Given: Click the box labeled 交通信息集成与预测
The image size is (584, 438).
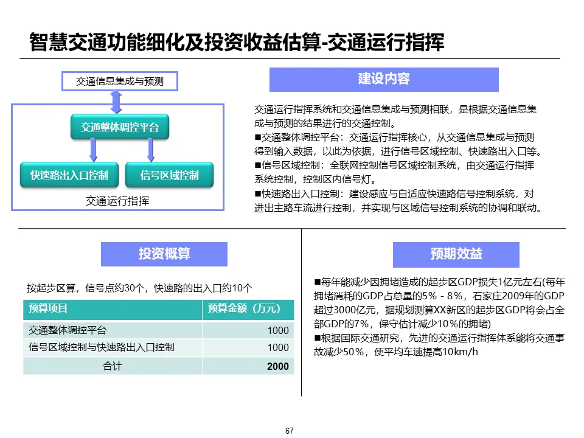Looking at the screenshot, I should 120,80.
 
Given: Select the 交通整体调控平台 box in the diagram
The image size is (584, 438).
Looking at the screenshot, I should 120,127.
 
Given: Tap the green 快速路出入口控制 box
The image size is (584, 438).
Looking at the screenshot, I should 69,175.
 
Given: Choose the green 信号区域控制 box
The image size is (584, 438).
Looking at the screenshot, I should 169,175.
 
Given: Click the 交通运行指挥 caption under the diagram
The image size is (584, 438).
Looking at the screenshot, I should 117,201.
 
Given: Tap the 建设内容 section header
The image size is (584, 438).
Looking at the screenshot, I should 384,79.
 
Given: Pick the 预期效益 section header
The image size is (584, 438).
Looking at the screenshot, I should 456,254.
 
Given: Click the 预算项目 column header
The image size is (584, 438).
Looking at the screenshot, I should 48,309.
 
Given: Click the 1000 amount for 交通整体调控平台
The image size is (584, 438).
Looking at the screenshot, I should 278,330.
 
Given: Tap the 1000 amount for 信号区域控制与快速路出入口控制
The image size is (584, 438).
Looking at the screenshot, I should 278,347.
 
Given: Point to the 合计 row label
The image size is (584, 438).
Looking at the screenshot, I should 112,366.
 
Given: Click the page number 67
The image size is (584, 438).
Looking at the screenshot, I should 290,431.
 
